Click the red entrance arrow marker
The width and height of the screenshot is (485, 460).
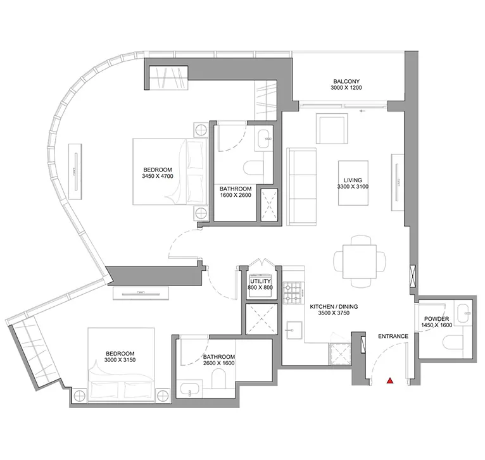coord(391,381)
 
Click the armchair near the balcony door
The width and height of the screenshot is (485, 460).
coord(332,128)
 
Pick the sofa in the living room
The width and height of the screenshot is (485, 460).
coord(302,187)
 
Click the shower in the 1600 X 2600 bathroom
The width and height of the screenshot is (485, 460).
coord(267,204)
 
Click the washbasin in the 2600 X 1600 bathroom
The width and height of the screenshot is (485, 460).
coord(189,388)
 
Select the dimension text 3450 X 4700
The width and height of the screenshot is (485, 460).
coord(158,177)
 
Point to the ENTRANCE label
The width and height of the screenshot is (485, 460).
coord(393,336)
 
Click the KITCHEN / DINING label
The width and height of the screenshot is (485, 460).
coord(334,307)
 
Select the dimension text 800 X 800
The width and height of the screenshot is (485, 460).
coord(260,287)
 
